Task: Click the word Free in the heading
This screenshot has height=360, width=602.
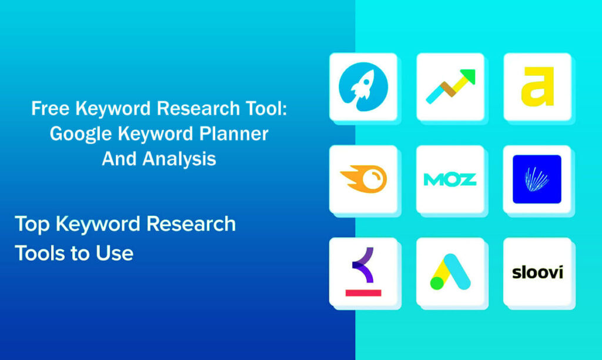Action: coord(48,109)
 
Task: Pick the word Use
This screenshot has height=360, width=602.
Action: coord(116,253)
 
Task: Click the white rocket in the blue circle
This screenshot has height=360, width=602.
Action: coord(362,85)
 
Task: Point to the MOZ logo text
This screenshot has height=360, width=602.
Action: coord(450,179)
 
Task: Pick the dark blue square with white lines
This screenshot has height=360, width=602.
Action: coord(537,179)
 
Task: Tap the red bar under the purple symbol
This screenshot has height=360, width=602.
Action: coord(363,292)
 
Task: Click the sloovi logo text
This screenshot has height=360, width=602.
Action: coord(537,272)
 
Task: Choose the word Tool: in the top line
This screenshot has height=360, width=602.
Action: coord(262,109)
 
